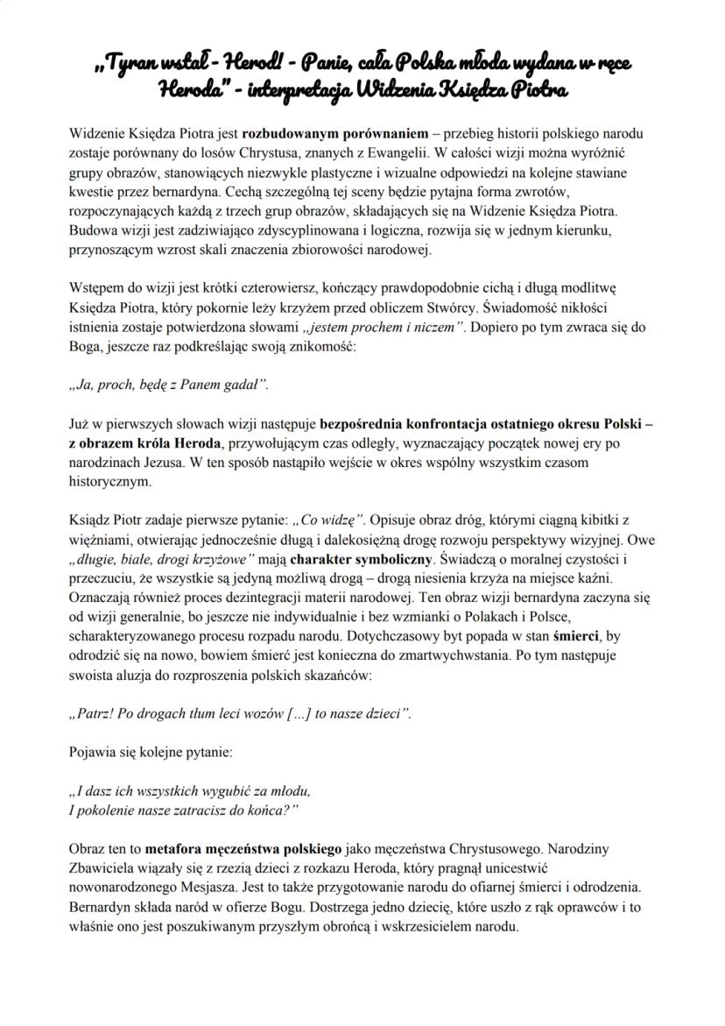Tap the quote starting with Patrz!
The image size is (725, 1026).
[x=239, y=712]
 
